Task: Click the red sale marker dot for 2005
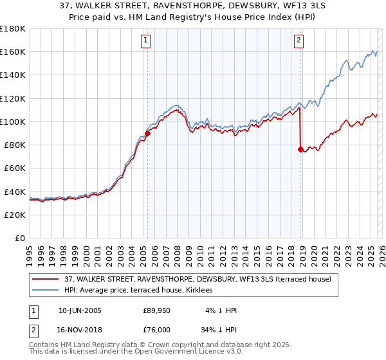click(x=147, y=134)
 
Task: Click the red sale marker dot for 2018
click(x=300, y=149)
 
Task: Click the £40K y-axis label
click(x=14, y=192)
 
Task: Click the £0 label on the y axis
click(x=19, y=238)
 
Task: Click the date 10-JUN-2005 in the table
click(x=80, y=310)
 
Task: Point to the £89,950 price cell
click(x=156, y=310)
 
